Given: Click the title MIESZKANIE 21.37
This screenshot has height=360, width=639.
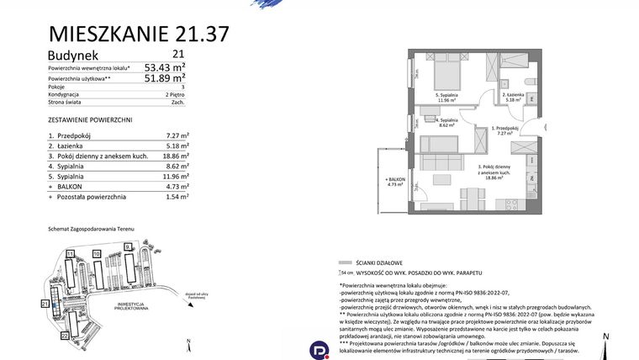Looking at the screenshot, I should [139, 34].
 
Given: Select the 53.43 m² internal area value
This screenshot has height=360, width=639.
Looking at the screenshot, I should [165, 66].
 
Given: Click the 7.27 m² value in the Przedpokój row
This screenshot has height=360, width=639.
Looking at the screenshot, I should [176, 135].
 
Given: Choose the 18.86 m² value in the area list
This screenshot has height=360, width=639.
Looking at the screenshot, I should [174, 156].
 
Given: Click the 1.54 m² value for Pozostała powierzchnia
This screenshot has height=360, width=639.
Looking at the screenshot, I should [176, 196].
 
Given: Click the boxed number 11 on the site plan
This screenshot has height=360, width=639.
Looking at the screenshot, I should [71, 252].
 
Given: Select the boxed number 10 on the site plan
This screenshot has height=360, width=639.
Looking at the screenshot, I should [97, 252].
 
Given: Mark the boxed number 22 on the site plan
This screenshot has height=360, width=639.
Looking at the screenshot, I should [64, 335].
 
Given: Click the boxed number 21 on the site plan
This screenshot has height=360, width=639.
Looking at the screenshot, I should [45, 303].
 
